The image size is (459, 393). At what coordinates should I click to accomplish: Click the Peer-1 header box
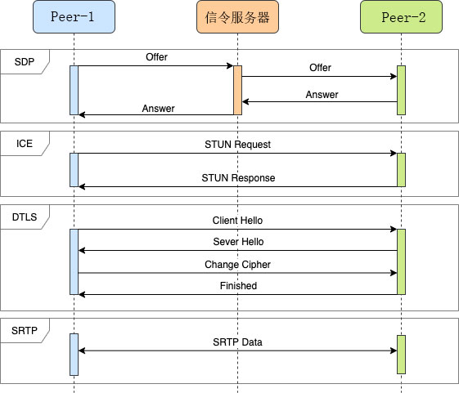click(x=74, y=16)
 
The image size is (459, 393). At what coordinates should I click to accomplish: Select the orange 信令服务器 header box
click(x=237, y=16)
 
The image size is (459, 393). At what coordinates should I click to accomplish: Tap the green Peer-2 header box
click(x=401, y=16)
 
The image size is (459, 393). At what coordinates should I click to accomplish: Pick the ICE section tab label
click(x=25, y=143)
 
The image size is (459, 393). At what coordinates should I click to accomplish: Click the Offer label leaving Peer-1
click(x=157, y=57)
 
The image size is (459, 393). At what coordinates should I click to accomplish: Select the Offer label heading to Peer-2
click(x=321, y=68)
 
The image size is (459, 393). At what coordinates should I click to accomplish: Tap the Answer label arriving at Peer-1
click(x=157, y=108)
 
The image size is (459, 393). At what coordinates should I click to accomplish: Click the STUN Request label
click(x=237, y=145)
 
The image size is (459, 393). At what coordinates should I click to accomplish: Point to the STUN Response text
click(x=238, y=178)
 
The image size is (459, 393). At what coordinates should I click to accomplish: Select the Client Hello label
click(x=237, y=221)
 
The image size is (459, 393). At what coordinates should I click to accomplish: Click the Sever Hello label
click(x=237, y=243)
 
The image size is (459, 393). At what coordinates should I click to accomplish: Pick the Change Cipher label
click(x=237, y=265)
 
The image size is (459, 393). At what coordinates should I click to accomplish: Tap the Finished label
click(x=238, y=286)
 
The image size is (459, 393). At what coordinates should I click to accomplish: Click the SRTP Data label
click(x=237, y=342)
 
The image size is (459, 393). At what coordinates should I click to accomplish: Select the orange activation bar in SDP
click(x=237, y=90)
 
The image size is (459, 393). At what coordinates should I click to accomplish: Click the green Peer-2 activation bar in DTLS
click(x=401, y=261)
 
